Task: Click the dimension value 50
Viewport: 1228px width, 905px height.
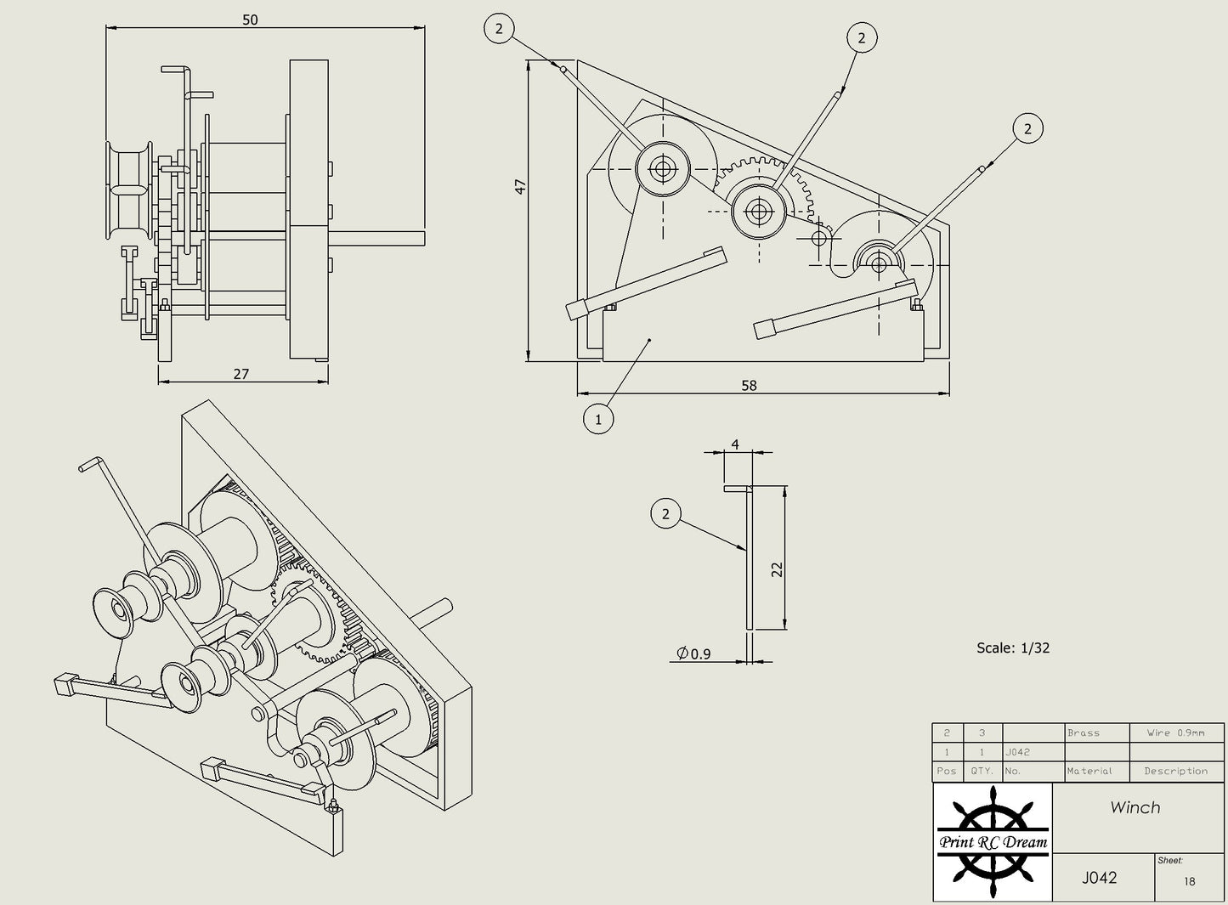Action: click(250, 19)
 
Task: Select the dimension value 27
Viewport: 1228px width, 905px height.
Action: click(241, 374)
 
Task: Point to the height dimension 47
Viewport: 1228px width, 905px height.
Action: click(520, 185)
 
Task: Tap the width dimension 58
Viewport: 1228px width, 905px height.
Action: click(749, 385)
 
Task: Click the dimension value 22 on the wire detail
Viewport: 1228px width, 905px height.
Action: click(777, 569)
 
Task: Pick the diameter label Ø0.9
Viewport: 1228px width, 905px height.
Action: click(694, 653)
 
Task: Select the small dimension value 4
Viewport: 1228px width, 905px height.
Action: click(735, 444)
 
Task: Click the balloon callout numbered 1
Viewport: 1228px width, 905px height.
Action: click(598, 419)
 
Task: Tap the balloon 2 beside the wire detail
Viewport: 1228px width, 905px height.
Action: click(665, 513)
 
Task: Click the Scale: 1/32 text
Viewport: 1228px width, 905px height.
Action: click(1013, 648)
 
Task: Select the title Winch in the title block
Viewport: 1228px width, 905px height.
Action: click(1135, 807)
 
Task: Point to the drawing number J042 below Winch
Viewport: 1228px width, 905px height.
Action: click(1099, 878)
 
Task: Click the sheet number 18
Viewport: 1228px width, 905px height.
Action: click(1189, 881)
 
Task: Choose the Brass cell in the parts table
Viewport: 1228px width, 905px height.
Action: click(1084, 732)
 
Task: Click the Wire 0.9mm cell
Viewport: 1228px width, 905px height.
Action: click(1175, 732)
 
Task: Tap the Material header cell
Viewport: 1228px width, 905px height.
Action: click(1089, 771)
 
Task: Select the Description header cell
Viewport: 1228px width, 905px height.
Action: click(1175, 771)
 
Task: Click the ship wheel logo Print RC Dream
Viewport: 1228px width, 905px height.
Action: click(993, 841)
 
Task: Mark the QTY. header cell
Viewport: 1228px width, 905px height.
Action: click(982, 771)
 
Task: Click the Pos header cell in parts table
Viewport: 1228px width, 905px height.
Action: click(947, 771)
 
